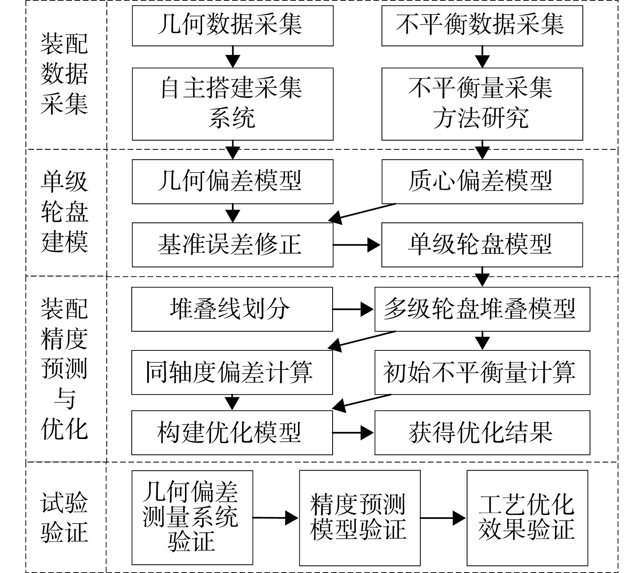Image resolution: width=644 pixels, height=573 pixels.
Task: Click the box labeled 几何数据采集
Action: [233, 25]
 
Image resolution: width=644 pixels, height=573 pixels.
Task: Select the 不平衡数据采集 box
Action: [482, 25]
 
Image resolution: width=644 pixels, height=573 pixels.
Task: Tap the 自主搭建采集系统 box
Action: [233, 104]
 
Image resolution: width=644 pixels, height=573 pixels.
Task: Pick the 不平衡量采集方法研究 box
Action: [482, 104]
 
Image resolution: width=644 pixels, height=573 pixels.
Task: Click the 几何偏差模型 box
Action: [233, 182]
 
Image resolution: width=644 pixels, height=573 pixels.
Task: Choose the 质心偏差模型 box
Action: [482, 182]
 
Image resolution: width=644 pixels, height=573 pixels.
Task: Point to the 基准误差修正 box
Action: [233, 245]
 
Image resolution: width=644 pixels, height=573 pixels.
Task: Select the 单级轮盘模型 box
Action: [482, 245]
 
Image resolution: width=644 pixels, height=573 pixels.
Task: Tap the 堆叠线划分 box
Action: [232, 309]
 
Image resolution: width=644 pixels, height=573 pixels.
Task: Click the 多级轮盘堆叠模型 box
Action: [482, 309]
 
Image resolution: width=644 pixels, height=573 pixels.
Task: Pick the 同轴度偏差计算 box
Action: [232, 372]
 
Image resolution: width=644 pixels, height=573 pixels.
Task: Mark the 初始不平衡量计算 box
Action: [482, 372]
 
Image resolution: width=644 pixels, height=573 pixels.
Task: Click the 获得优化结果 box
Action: [482, 432]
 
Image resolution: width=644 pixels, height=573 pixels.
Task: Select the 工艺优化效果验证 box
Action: [527, 518]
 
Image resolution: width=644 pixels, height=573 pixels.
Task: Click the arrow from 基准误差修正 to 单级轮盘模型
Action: [357, 245]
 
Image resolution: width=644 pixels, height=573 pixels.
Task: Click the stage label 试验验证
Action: [64, 518]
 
